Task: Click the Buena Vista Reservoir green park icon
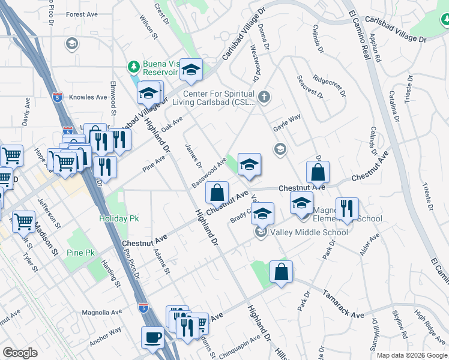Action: coord(133,66)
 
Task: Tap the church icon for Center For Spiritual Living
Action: coord(263,97)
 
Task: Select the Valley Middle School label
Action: coord(309,232)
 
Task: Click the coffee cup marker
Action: coord(152,337)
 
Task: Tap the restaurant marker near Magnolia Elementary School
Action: coord(347,209)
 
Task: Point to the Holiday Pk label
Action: coord(119,219)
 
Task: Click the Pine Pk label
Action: coord(81,253)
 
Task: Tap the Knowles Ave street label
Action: coord(88,97)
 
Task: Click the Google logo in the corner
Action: coord(20,353)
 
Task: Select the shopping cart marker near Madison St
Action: coord(23,221)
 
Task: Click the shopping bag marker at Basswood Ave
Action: coord(217,193)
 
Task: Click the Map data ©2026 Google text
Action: coord(411,355)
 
